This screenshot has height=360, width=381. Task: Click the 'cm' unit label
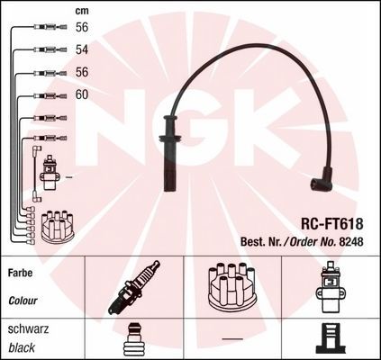[x=82, y=11]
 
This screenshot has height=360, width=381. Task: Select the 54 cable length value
[x=82, y=49]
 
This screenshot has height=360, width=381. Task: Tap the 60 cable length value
[x=82, y=94]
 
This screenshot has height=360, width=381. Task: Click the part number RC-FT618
[x=331, y=223]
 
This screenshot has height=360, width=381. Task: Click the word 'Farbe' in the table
[x=20, y=273]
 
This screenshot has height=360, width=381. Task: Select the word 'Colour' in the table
[x=23, y=301]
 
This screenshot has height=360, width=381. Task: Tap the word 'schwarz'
[x=28, y=329]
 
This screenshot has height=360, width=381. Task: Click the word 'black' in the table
[x=22, y=347]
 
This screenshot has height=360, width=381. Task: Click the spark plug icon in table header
[x=134, y=287]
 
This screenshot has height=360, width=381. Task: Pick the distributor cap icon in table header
[x=231, y=285]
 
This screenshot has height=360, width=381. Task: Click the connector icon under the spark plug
[x=133, y=339]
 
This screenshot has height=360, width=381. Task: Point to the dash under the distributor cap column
[x=232, y=339]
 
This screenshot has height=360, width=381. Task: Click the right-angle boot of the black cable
[x=322, y=180]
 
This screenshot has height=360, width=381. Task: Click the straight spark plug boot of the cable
[x=170, y=153]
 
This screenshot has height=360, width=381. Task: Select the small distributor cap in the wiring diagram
[x=58, y=227]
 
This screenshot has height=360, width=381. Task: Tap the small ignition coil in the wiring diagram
[x=49, y=173]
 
